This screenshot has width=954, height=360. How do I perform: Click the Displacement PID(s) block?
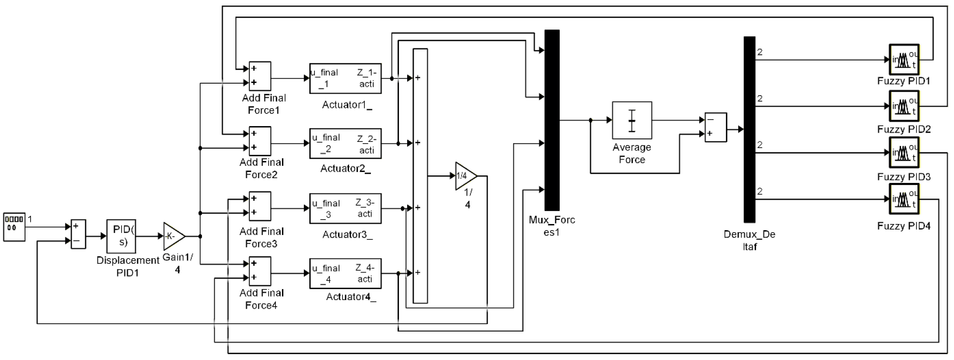121,236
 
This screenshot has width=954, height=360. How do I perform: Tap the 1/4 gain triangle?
464,176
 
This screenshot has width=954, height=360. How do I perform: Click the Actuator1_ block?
345,78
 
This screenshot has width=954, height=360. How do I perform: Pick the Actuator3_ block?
345,209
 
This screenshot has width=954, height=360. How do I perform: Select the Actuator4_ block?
345,273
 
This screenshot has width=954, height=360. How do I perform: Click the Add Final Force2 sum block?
260,141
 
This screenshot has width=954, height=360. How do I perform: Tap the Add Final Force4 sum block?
260,271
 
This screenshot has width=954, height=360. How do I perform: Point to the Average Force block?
632,120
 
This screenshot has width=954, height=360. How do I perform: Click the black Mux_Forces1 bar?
552,120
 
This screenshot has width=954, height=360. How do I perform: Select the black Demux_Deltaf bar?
749,130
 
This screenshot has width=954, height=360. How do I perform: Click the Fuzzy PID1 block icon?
904,60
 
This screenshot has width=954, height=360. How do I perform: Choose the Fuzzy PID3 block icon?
904,152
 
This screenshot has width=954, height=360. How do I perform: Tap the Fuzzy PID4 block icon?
904,199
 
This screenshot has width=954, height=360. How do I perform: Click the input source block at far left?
14,227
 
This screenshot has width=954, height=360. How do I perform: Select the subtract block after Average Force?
716,127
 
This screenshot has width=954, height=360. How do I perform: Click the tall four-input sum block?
420,176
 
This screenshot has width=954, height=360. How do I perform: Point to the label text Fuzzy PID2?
904,129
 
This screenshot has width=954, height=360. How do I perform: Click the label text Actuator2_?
345,169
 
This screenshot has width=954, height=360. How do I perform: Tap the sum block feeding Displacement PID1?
78,234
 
